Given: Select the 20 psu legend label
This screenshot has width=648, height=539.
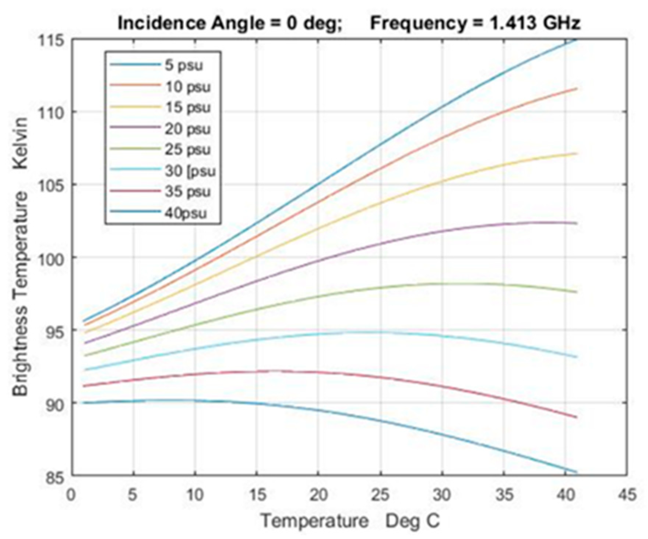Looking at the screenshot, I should point(187,129).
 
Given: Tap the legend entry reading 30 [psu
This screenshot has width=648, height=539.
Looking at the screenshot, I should point(190,171).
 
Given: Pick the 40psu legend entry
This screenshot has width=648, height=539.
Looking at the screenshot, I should point(186,213).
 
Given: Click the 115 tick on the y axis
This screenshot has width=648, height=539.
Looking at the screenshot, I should point(52,40).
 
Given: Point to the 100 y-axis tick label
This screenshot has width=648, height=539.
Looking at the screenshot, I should point(52,258).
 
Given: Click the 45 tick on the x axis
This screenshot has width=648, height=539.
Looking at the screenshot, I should point(627,495).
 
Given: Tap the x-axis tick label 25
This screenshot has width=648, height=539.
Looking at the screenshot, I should point(380,495).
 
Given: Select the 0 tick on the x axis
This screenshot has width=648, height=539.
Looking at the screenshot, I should point(71,495).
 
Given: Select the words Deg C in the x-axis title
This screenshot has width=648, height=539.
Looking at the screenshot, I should point(412,521).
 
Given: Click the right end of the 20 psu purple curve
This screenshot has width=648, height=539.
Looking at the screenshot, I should point(576,223).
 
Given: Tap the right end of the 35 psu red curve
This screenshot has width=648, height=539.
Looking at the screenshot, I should point(576,417).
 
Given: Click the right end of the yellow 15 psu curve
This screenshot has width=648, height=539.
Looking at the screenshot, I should point(576,153).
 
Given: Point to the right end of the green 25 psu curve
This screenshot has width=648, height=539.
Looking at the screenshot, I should point(576,292).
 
